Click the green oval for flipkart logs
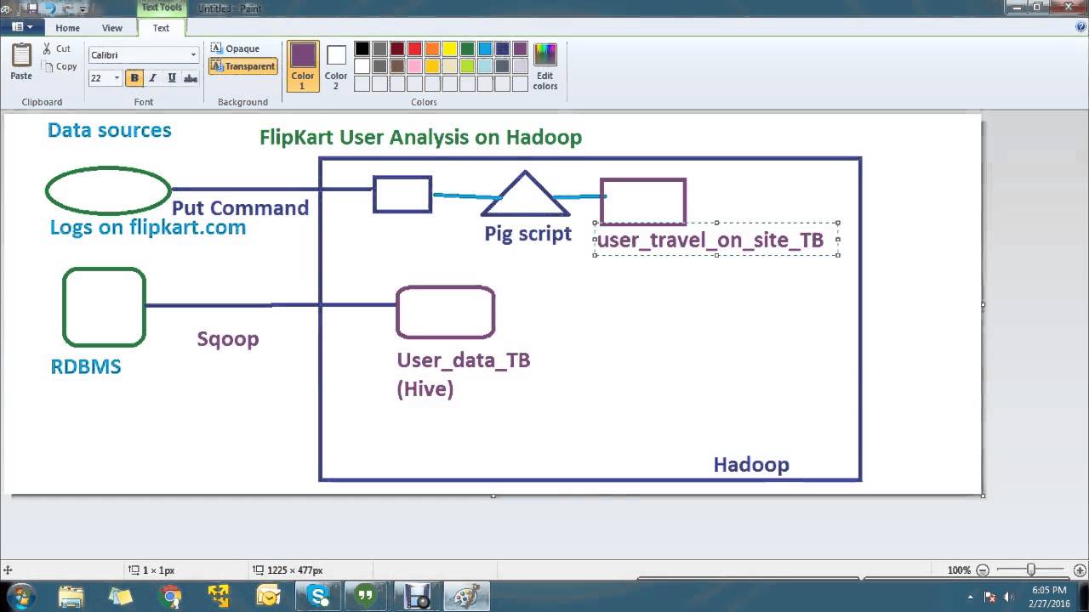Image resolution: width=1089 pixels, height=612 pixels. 108,190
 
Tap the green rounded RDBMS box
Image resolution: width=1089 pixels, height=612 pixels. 105,307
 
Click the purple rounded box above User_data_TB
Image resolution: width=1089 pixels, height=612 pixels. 445,312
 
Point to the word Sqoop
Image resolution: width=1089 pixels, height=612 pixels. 228,339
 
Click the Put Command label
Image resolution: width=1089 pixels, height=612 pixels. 240,208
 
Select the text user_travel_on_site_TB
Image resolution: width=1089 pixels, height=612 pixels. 710,241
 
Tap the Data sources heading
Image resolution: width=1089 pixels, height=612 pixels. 109,130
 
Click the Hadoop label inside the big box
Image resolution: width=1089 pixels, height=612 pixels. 751,465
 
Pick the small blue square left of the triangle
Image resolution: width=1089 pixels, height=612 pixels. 402,195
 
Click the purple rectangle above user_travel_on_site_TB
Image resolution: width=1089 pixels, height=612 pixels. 643,201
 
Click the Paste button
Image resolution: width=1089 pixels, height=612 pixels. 21,62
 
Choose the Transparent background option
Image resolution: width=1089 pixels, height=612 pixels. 243,66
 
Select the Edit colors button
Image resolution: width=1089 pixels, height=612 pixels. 544,66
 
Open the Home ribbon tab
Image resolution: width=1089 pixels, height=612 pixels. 67,28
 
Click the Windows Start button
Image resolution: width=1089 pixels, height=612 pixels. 20,595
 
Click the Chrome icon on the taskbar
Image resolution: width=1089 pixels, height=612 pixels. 170,596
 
